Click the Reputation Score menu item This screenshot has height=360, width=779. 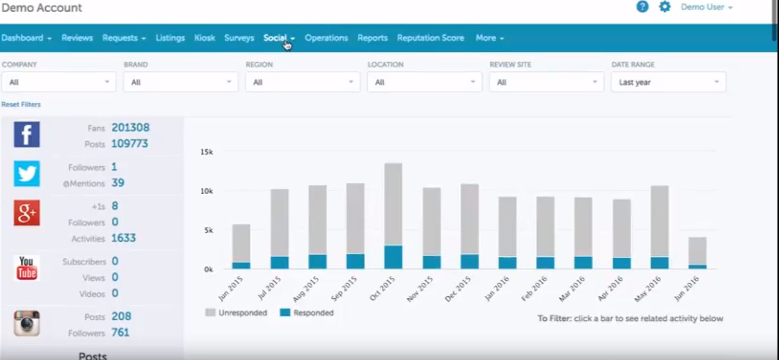[x=430, y=38]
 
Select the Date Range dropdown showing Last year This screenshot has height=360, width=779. [x=668, y=82]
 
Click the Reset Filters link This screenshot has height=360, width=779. [x=21, y=104]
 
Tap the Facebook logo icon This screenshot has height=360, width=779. [x=26, y=135]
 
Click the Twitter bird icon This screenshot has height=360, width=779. [x=26, y=174]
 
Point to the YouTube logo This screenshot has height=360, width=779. [x=26, y=268]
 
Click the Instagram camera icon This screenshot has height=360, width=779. [x=26, y=323]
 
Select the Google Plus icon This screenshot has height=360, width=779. [x=26, y=213]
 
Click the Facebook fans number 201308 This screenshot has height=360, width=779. [x=130, y=128]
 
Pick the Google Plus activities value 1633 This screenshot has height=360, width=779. [x=123, y=238]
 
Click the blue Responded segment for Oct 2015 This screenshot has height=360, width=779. [x=393, y=257]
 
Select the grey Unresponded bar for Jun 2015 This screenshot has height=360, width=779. [x=241, y=243]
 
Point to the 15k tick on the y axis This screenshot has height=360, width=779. [x=206, y=152]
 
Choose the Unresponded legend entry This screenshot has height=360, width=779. [x=236, y=313]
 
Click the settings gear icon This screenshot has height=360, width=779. [x=665, y=7]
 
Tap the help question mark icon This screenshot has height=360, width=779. [x=643, y=7]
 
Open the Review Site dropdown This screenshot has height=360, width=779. [x=546, y=82]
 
